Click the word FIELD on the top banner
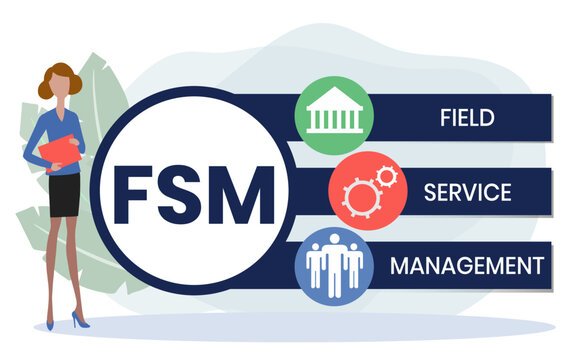[x=467, y=116]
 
